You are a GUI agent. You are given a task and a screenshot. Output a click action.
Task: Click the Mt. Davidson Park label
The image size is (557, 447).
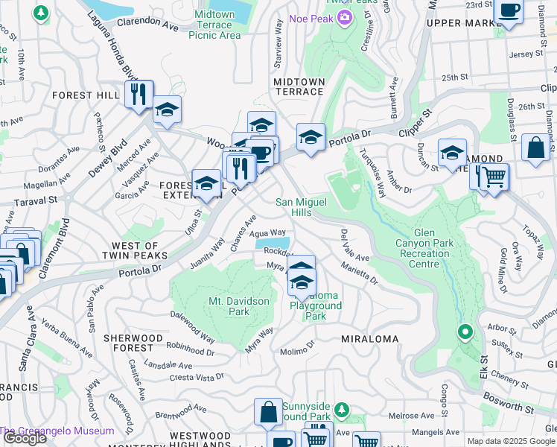(x=238, y=306)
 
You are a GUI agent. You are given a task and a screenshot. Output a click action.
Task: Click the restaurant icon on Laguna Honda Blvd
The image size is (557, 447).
(x=139, y=94)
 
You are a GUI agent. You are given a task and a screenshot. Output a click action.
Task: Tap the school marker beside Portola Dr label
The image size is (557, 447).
(x=311, y=137)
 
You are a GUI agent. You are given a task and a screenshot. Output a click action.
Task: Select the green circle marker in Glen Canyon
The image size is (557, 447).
(x=465, y=332)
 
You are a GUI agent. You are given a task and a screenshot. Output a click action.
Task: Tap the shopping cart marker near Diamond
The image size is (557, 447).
(x=493, y=177)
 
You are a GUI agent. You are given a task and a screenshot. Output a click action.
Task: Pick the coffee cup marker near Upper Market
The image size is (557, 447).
(x=510, y=10)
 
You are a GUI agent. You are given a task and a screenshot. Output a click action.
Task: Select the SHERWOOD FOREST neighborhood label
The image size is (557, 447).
(x=133, y=343)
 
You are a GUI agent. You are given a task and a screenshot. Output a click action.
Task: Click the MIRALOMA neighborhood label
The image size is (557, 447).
(x=369, y=339)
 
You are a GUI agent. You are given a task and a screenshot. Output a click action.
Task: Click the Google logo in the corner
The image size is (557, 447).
(x=24, y=438)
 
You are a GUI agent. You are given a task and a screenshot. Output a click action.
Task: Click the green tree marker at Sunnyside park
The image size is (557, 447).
(x=341, y=409)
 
